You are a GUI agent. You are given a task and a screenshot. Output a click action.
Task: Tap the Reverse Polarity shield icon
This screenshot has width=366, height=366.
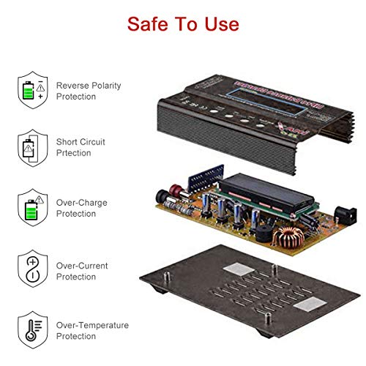point(31,91)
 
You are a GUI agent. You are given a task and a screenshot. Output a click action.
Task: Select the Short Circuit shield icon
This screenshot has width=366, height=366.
point(31,149)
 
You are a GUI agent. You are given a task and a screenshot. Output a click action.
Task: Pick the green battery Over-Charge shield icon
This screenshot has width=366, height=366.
point(31,207)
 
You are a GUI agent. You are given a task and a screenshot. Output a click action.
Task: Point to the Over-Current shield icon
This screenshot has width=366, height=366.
point(31,269)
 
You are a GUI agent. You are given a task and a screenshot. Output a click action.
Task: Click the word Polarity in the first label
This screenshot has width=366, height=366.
point(106,86)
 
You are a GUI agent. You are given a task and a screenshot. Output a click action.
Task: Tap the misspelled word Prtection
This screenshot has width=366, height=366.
point(74,153)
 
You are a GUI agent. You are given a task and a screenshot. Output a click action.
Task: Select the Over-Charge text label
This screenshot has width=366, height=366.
point(86,207)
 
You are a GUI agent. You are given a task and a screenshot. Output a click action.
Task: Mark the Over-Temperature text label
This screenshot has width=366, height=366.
point(92,330)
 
